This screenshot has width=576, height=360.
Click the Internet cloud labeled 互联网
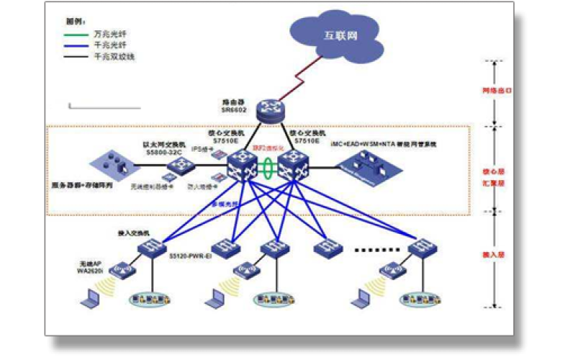click(338, 35)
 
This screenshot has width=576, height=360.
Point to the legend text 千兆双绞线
click(114, 55)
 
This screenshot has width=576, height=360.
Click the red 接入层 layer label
click(496, 255)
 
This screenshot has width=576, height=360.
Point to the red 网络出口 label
click(496, 91)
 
